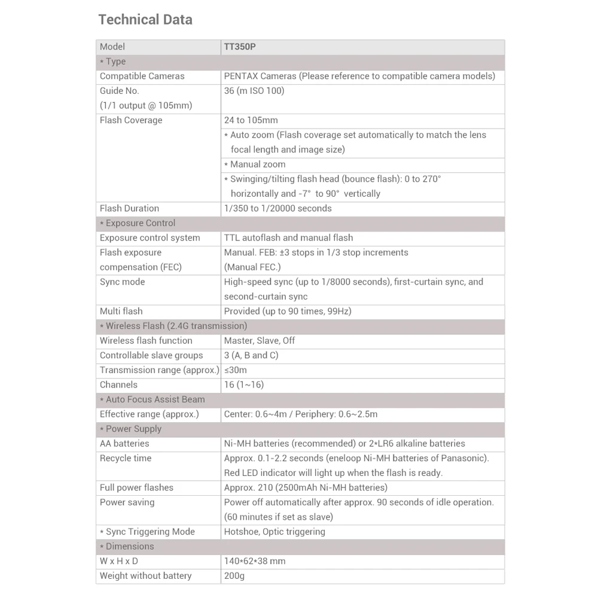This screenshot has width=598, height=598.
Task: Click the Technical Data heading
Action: (x=145, y=20)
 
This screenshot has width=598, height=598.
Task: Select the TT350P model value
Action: (x=240, y=47)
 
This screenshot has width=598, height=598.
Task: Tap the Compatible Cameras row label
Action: (x=142, y=76)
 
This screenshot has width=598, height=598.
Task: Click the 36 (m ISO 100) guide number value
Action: (x=254, y=91)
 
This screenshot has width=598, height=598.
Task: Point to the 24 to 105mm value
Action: (x=251, y=120)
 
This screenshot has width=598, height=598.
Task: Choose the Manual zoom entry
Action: (x=255, y=164)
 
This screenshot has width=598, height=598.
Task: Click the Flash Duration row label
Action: (x=129, y=208)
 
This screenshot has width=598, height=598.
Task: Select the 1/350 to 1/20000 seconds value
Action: (x=277, y=208)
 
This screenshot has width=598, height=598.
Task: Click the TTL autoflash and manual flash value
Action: (x=288, y=237)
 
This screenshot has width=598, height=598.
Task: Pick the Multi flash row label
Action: (x=121, y=311)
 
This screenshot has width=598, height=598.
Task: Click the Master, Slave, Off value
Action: (x=260, y=340)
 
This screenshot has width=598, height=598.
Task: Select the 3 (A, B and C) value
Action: (x=251, y=355)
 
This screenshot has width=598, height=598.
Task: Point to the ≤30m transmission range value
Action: (x=235, y=370)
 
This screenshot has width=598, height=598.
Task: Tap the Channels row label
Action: (x=118, y=385)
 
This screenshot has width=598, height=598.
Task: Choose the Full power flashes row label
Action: (x=136, y=487)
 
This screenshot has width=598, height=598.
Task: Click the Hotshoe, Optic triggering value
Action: (x=274, y=532)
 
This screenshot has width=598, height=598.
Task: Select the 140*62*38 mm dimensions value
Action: (x=255, y=561)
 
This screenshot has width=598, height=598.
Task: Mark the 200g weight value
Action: (x=234, y=576)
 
